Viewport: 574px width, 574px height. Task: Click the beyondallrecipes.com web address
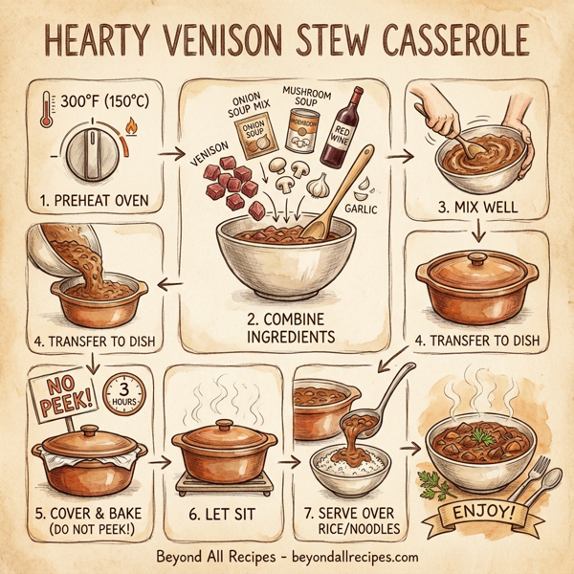tap(348, 557)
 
